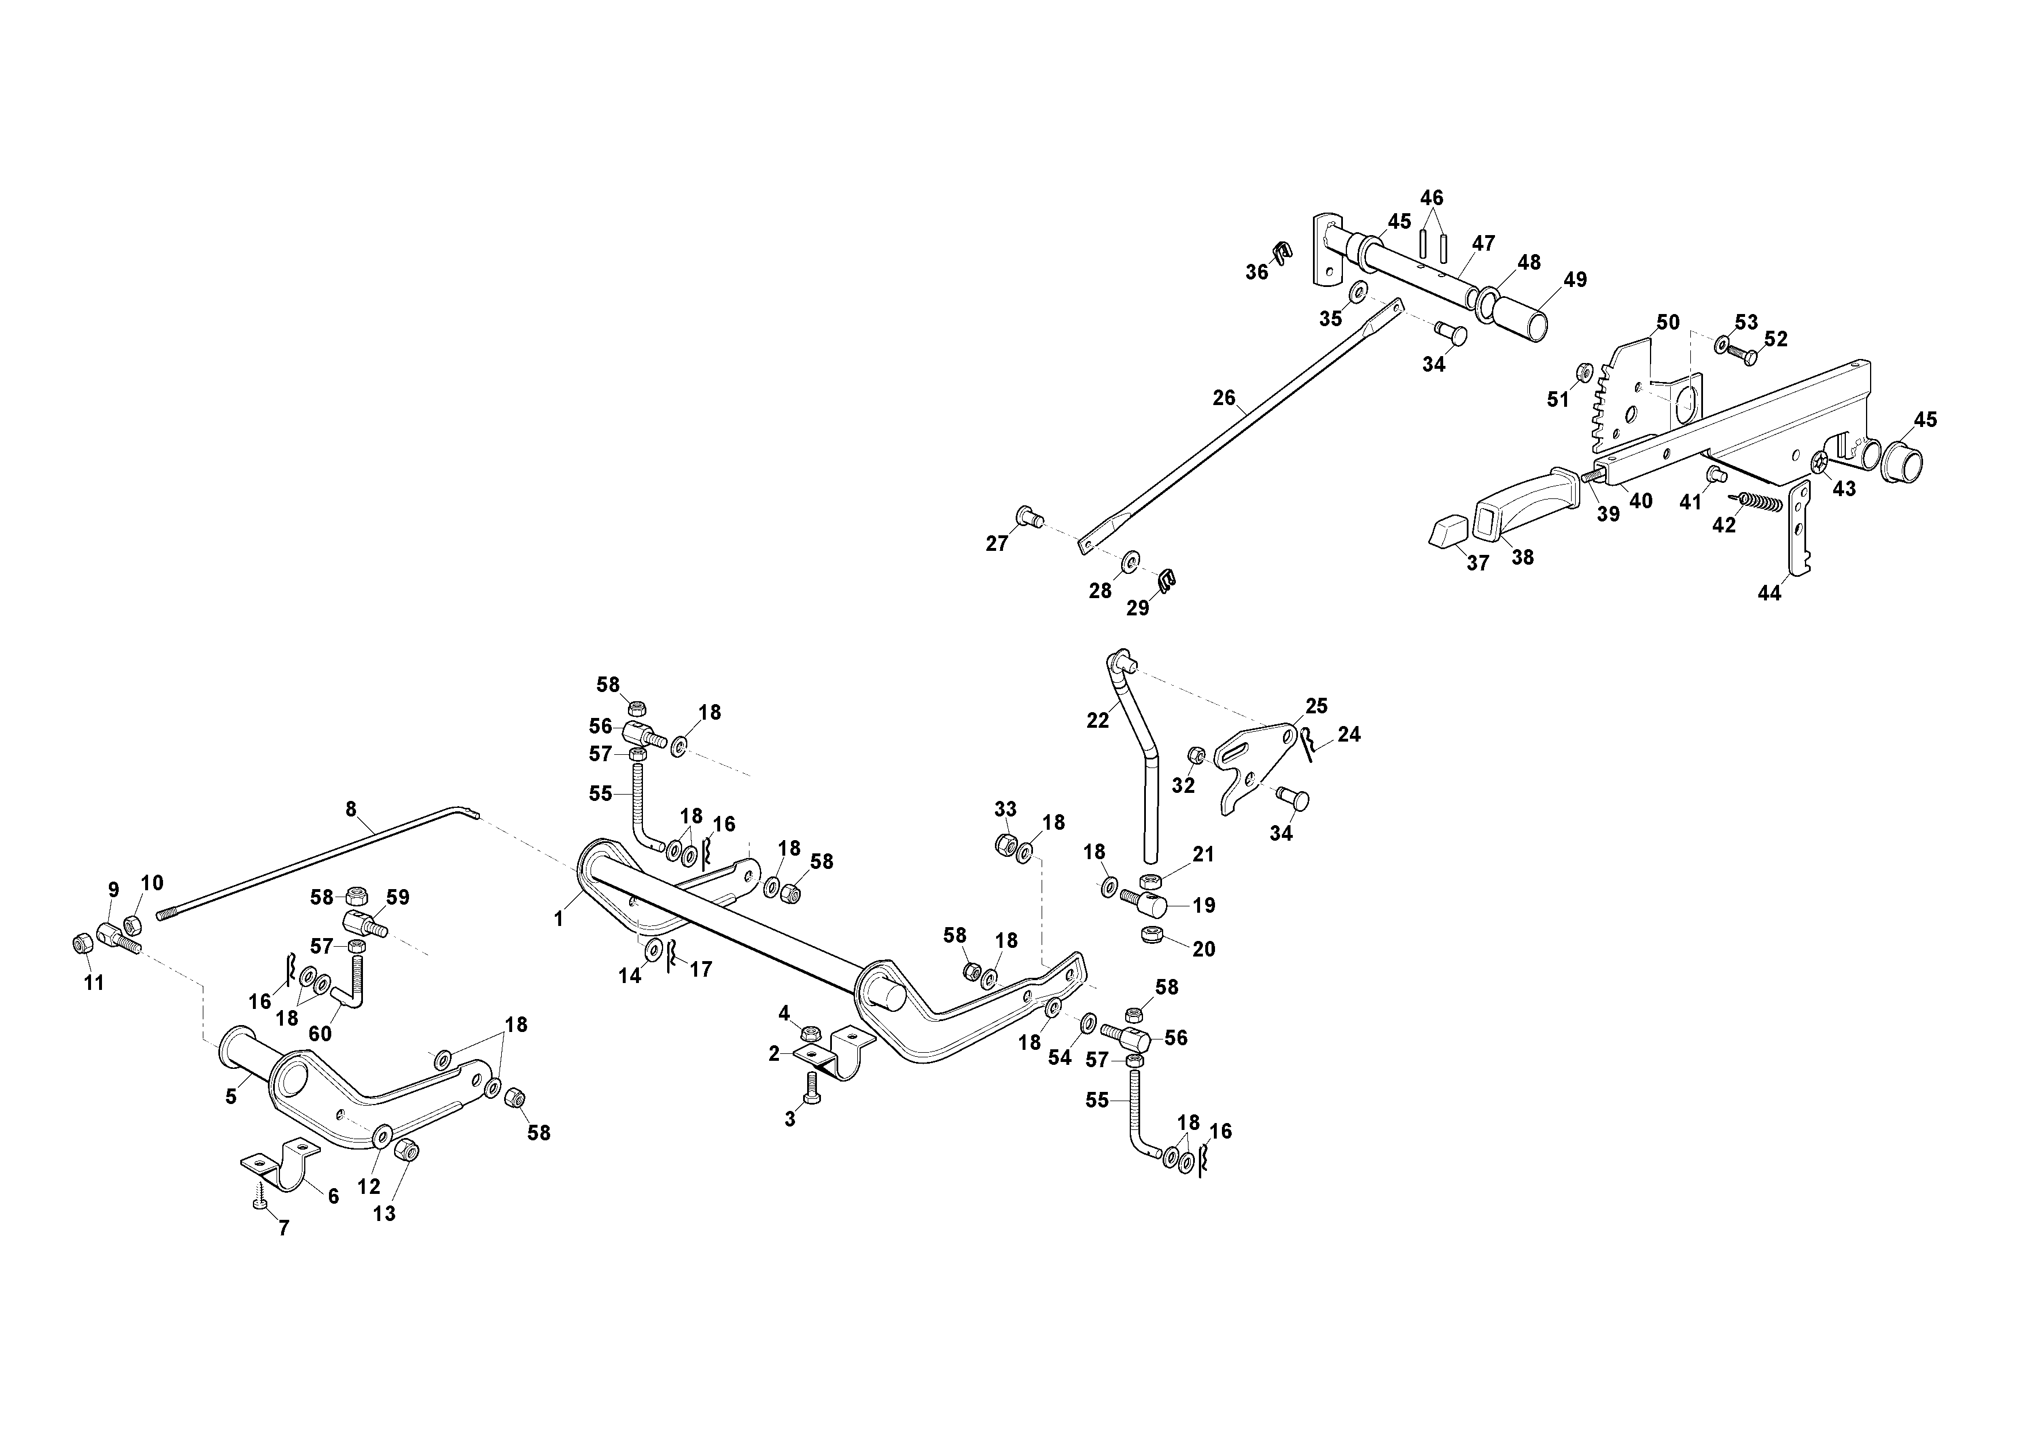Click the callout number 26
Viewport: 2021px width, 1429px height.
[1224, 398]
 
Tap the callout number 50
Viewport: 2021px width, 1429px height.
[1668, 322]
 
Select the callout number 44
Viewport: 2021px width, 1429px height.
[1769, 593]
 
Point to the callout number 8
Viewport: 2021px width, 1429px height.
[351, 808]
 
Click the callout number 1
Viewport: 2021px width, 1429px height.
[558, 919]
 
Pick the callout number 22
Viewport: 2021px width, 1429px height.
[1097, 720]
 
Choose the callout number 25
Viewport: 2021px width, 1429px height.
[1317, 706]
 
